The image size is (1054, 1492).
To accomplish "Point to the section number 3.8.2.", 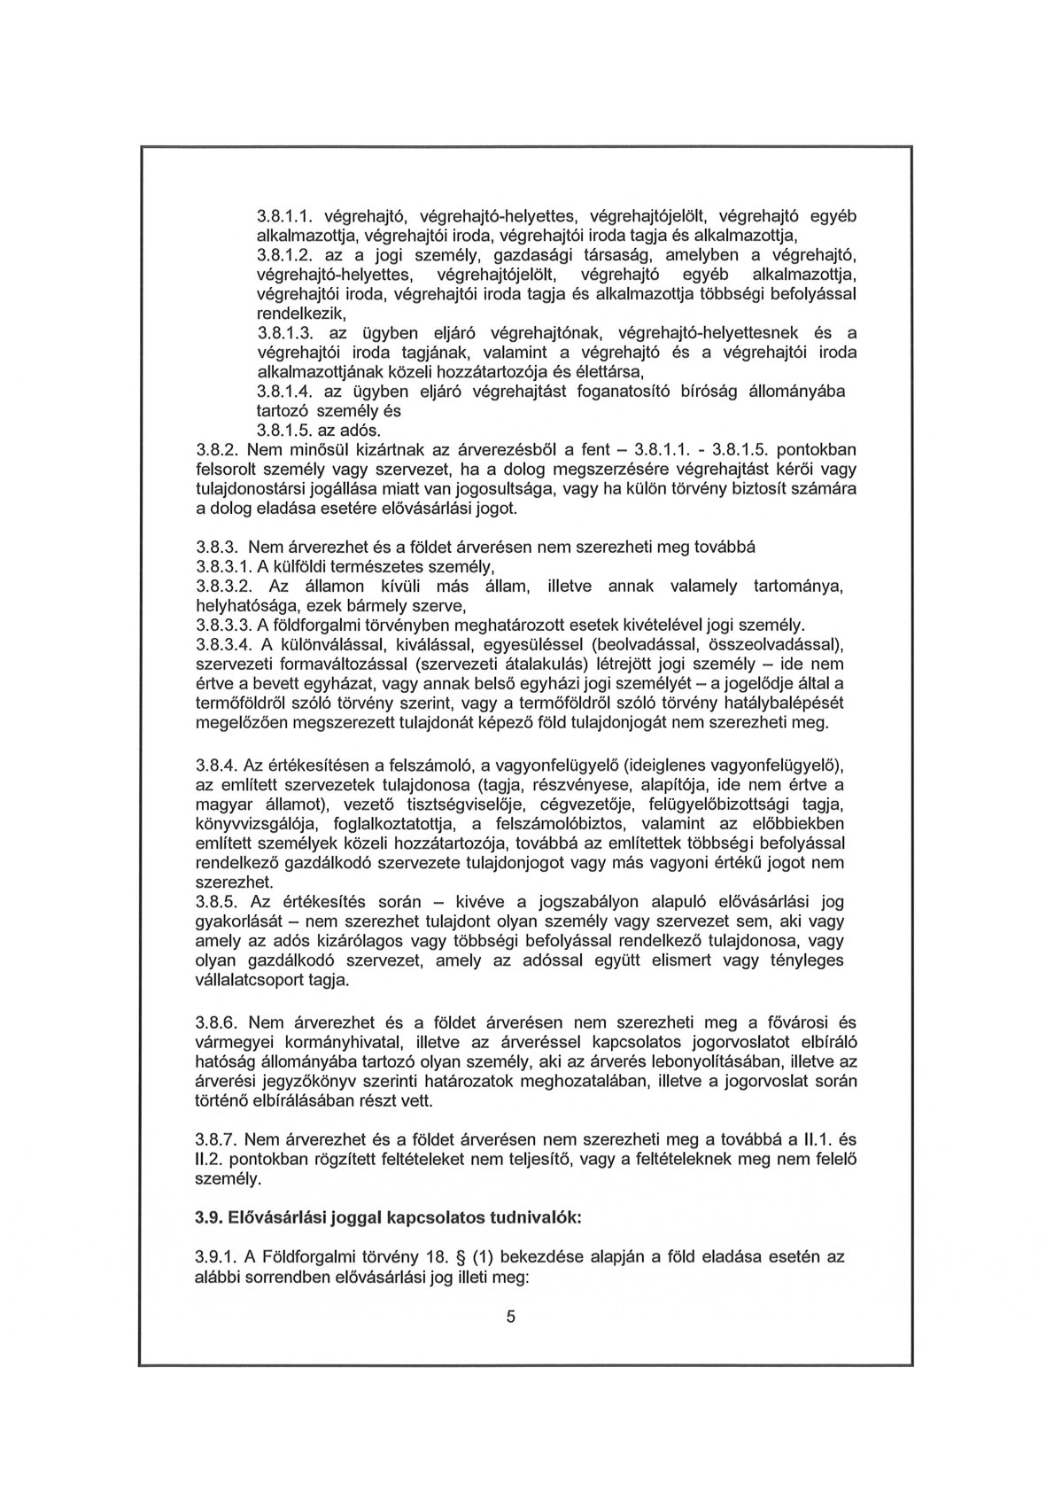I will tap(218, 450).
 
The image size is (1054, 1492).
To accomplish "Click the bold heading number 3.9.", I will tap(209, 1217).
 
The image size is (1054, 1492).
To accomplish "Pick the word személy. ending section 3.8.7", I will tap(228, 1179).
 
